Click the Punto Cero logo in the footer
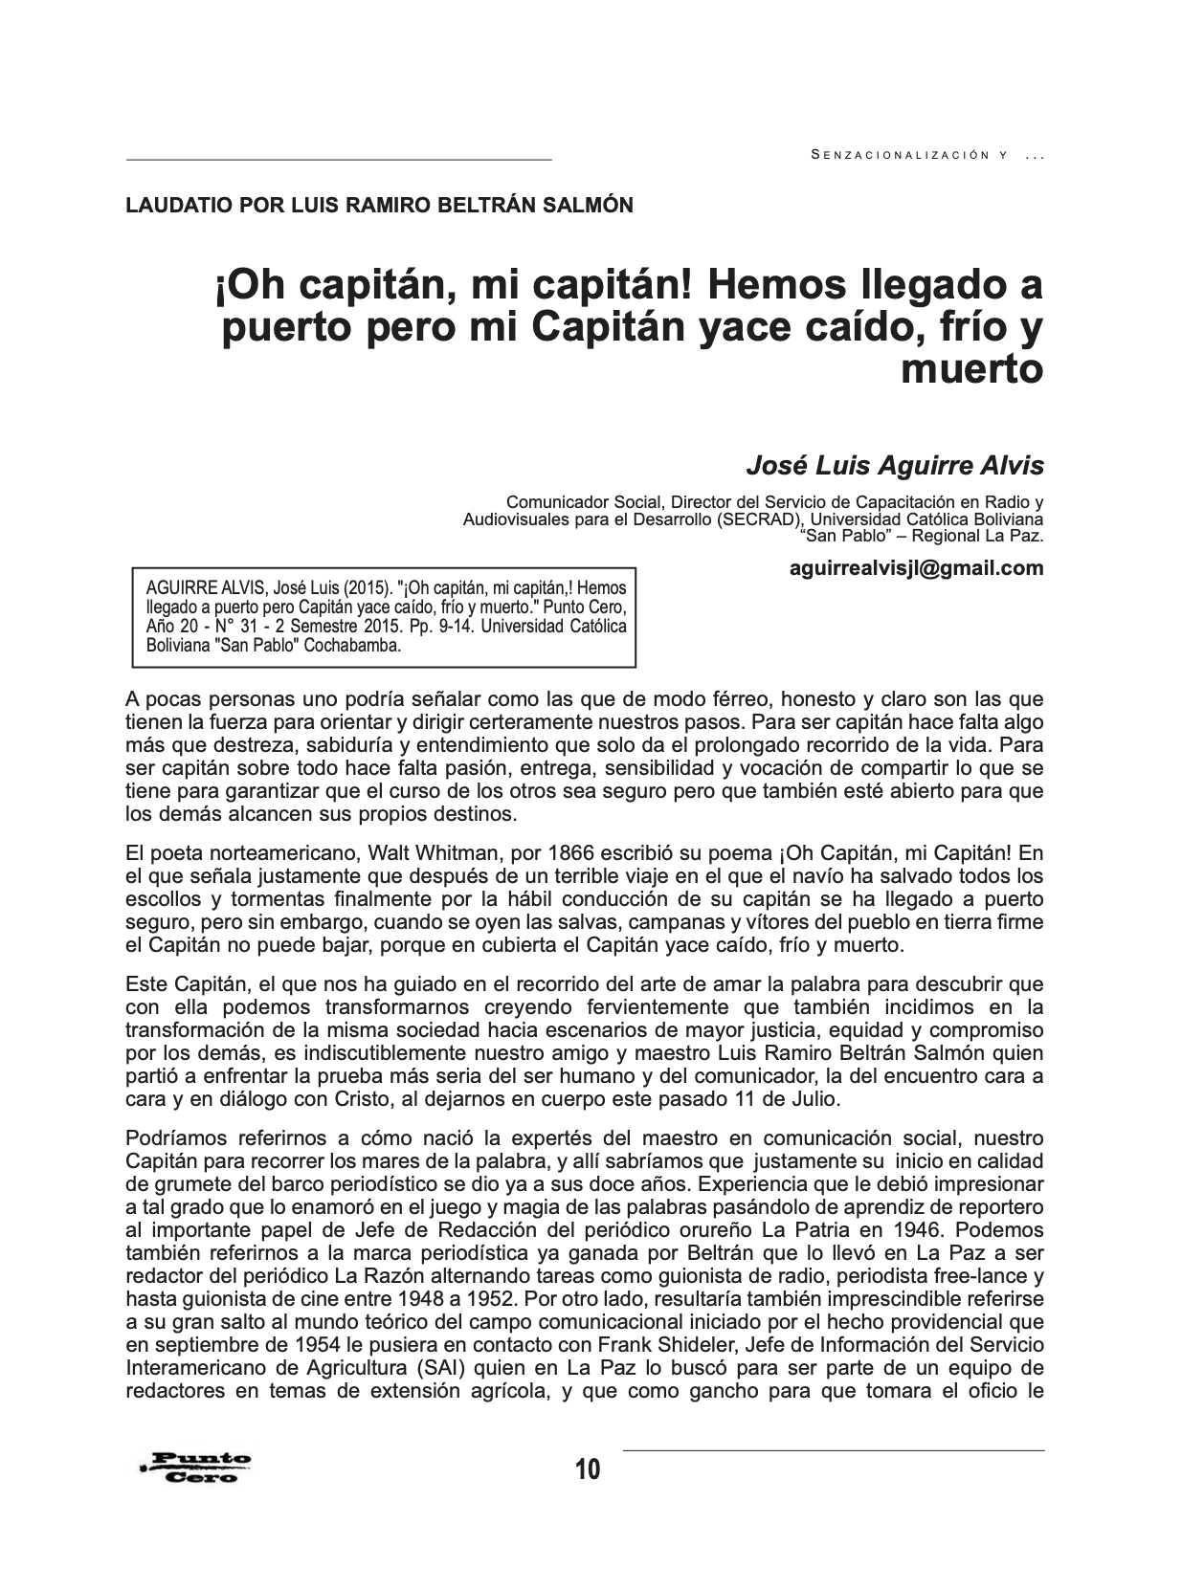195,1467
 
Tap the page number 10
588,1468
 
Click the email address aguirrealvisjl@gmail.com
917,568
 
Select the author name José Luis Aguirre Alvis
895,466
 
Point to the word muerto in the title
971,369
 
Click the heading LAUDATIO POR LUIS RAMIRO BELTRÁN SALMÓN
379,205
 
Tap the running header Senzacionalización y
913,154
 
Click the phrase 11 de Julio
792,1099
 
